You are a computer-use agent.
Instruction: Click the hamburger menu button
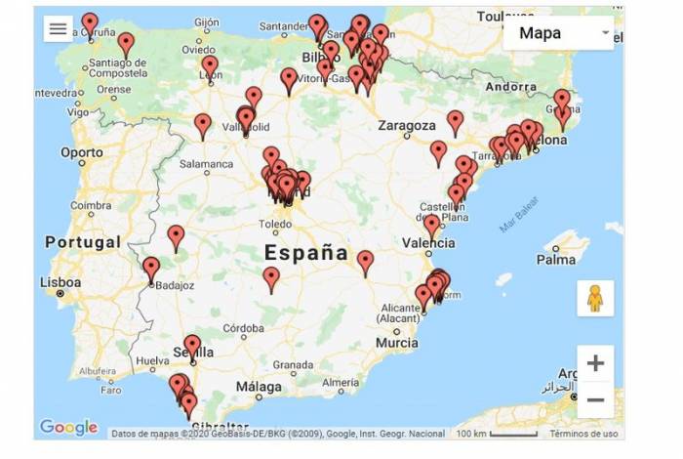click(x=58, y=28)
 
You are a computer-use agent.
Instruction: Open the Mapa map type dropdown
click(x=558, y=33)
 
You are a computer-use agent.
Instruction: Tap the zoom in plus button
click(x=595, y=363)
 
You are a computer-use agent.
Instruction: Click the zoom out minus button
click(x=595, y=399)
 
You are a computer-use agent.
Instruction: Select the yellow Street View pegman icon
click(x=595, y=298)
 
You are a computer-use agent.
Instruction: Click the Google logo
click(x=68, y=427)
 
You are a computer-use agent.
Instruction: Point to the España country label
click(x=305, y=253)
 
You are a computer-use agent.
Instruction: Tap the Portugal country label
click(x=82, y=242)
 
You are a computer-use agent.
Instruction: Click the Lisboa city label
click(x=60, y=282)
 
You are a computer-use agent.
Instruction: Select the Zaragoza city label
click(x=407, y=126)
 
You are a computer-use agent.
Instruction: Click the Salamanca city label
click(x=206, y=166)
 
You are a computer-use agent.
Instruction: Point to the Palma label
click(x=556, y=260)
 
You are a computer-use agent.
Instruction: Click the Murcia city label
click(x=396, y=343)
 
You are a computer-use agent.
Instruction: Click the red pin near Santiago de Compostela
click(x=126, y=44)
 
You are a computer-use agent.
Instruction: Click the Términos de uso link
click(x=583, y=434)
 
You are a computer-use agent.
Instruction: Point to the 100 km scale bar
click(x=498, y=434)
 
